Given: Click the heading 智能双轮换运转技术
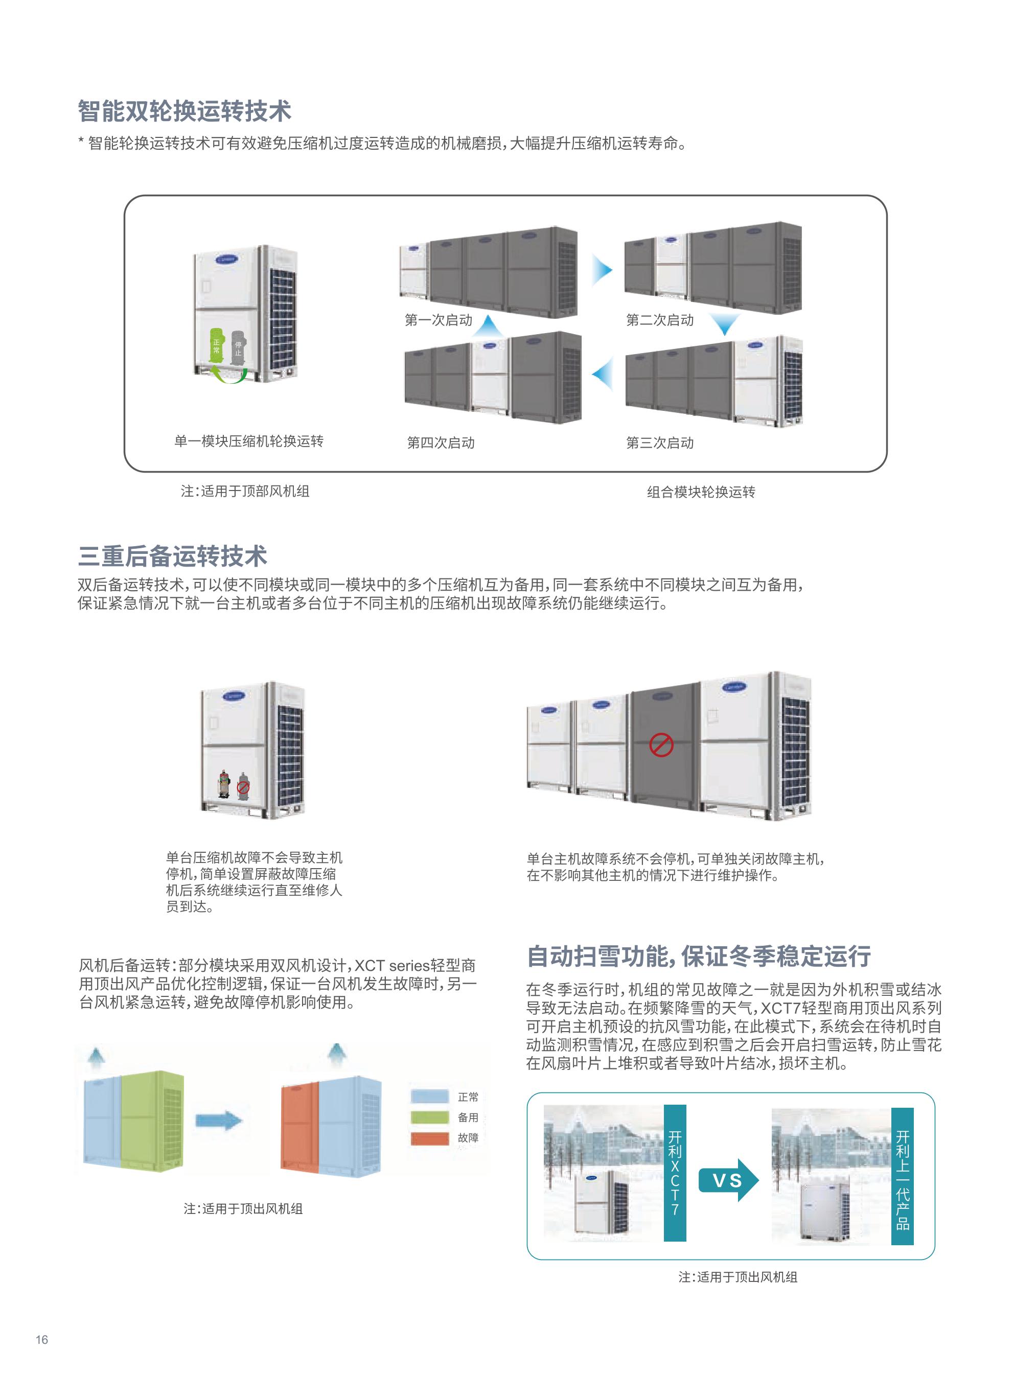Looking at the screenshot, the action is tap(184, 111).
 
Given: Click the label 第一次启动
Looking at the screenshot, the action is tap(438, 320).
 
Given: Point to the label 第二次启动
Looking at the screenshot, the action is tap(660, 320).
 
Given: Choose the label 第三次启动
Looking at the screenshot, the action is tap(660, 443).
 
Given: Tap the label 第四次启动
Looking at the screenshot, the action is tap(441, 443).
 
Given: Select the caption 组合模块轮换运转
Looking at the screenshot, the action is tap(701, 492).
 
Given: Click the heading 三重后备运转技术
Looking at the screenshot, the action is tap(172, 556).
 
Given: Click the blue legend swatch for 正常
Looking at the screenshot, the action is tap(430, 1097).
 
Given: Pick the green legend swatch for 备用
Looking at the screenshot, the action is tap(430, 1117).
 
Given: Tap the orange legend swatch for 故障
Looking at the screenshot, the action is tap(430, 1138).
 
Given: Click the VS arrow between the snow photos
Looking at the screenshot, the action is tap(729, 1180).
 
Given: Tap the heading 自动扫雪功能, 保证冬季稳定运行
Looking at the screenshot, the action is tap(699, 957).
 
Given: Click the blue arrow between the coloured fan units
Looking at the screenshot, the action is tap(219, 1121).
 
